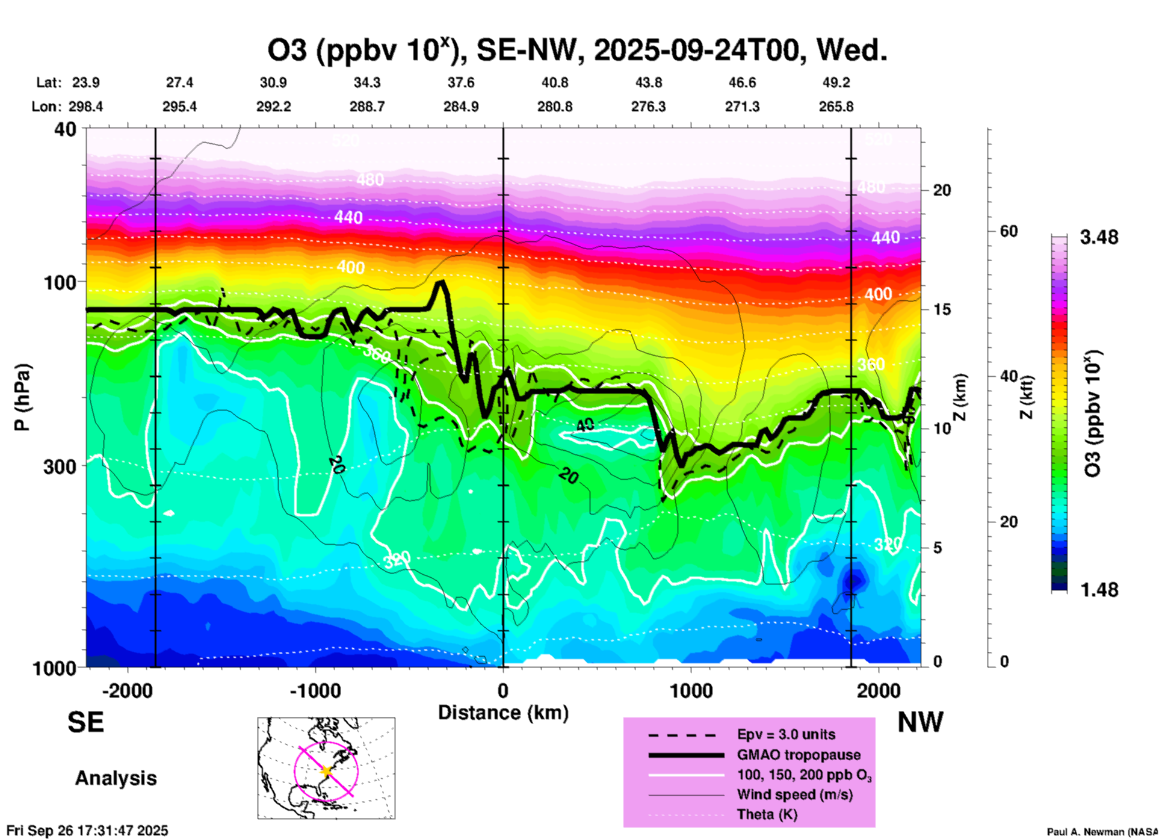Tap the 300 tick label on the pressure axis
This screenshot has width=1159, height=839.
coord(60,466)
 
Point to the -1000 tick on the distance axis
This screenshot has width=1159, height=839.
coord(315,690)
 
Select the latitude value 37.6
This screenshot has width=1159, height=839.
coord(460,82)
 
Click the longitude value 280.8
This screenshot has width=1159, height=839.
coord(554,107)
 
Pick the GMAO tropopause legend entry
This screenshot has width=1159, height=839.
coord(799,755)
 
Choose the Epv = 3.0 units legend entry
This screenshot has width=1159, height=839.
coord(785,734)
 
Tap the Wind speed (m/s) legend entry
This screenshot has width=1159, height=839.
coord(794,794)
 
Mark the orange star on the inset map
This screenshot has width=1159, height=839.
coord(327,771)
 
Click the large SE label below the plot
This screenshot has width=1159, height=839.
coord(85,722)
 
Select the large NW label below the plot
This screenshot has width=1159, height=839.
coord(919,722)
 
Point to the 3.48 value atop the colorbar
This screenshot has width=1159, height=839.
coord(1099,238)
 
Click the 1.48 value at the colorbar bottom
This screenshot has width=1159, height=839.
coord(1099,590)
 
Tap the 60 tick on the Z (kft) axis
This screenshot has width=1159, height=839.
coord(1009,231)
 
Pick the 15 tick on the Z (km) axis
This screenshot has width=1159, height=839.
coord(942,309)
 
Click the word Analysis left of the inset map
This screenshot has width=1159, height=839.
coord(116,778)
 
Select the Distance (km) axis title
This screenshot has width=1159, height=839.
coord(503,713)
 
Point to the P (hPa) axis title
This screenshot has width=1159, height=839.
coord(22,397)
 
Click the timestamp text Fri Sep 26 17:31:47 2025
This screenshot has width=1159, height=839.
coord(87,831)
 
